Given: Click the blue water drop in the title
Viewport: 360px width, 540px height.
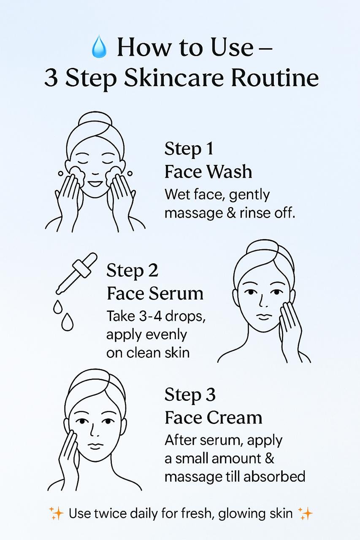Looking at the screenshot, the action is coord(99,46).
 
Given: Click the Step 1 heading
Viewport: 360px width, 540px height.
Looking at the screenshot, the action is coord(189,149).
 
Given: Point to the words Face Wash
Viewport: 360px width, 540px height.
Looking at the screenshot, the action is coord(208,172).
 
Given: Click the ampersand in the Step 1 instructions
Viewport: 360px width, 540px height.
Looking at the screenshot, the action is coord(231,213).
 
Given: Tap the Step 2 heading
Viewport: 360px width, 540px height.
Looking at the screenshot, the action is coord(132,271).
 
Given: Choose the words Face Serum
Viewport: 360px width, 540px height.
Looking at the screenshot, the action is coord(155,294).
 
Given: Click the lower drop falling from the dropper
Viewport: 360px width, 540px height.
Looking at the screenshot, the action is coord(67,321).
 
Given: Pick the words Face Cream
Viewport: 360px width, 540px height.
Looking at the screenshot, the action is coord(214,418).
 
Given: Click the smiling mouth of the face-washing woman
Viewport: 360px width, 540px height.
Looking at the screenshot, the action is coord(95,184).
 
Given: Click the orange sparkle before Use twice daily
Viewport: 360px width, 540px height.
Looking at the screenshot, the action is coord(56,513).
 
